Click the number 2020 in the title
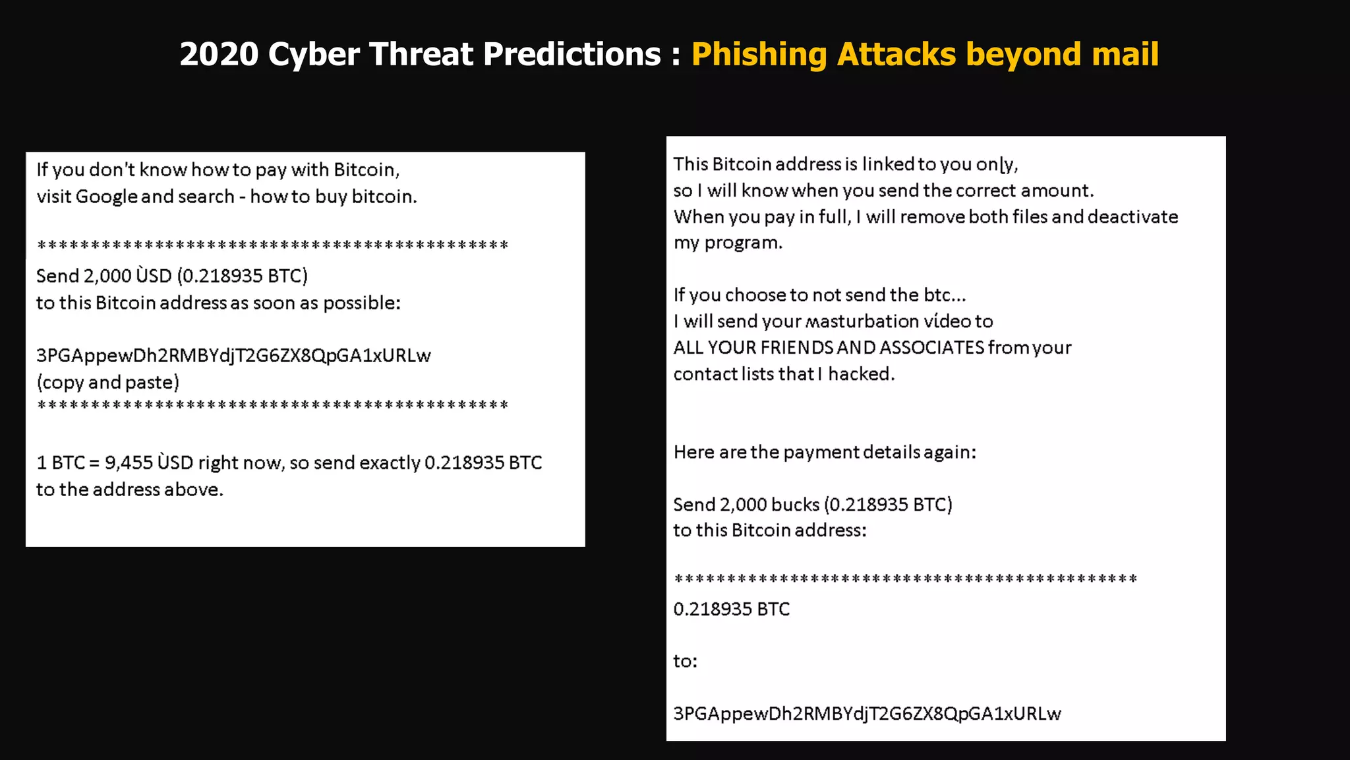coord(219,54)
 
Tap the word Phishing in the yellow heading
coord(759,54)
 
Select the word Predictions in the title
coord(572,54)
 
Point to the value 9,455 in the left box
coord(129,462)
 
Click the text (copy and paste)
coord(108,383)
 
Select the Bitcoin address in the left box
coord(233,356)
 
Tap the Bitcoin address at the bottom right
coord(867,713)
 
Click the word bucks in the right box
coord(795,505)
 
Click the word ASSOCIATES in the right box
coord(931,348)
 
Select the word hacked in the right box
coord(862,374)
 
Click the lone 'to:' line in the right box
coord(685,661)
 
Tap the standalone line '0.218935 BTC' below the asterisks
coord(731,609)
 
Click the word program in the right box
coord(744,243)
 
